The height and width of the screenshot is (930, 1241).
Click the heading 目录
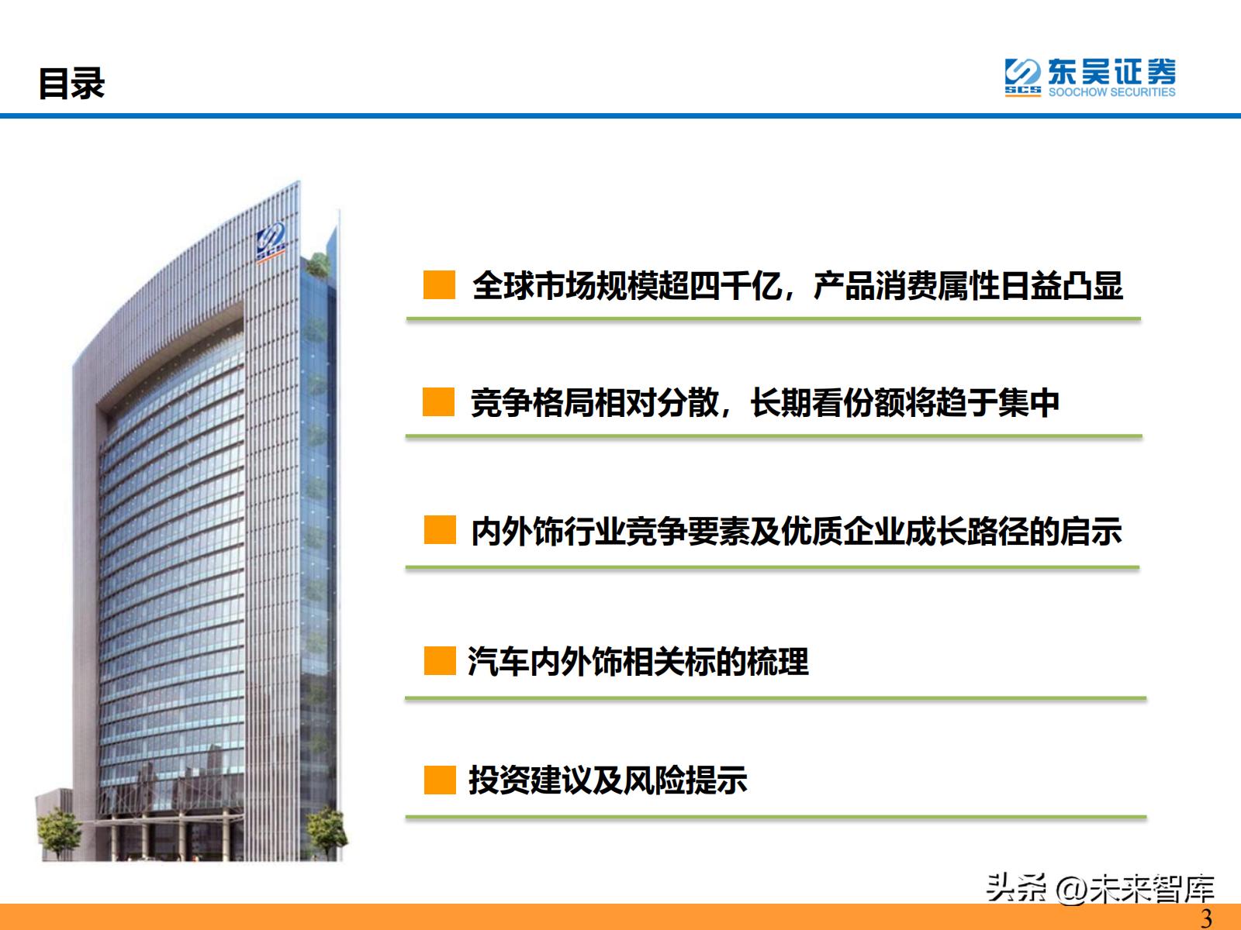click(71, 84)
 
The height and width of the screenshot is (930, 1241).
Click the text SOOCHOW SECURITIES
click(1111, 92)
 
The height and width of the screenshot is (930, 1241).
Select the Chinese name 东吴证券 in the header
click(1111, 72)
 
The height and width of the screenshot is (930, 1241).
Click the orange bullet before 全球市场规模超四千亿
click(439, 285)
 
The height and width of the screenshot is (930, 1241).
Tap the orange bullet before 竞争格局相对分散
click(438, 403)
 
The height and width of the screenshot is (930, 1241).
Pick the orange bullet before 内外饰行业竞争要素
click(439, 531)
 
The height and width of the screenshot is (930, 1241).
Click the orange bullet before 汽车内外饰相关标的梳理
click(439, 662)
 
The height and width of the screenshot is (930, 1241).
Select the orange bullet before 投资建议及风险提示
click(439, 780)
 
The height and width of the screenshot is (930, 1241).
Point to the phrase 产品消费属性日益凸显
click(968, 286)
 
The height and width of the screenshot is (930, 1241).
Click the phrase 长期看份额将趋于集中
click(904, 403)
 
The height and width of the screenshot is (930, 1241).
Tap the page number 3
click(1206, 918)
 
